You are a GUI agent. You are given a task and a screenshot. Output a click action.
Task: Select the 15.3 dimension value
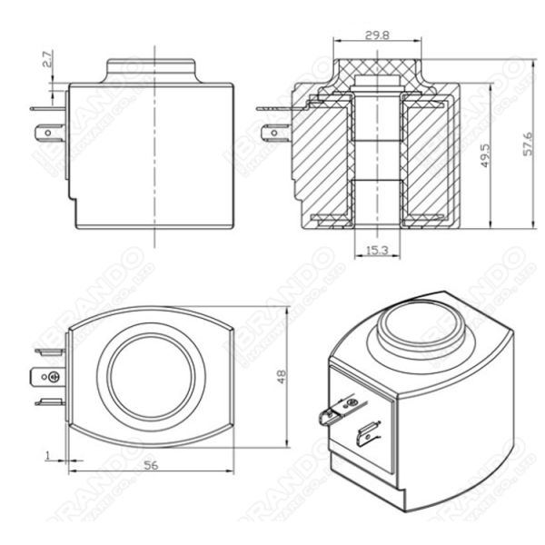click(x=377, y=249)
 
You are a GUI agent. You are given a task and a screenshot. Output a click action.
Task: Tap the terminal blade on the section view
click(x=271, y=134)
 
